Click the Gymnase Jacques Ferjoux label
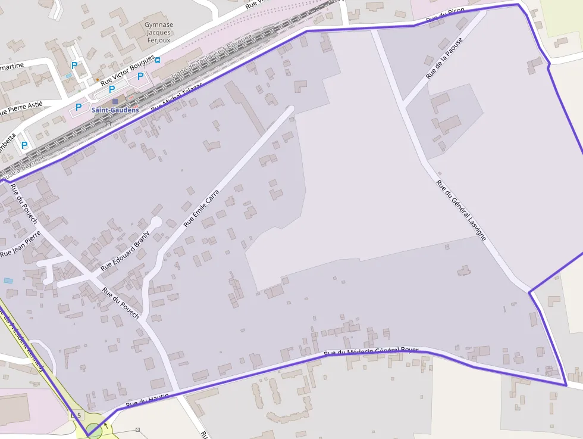[x=159, y=33]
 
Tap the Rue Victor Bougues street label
[x=128, y=70]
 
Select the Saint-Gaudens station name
[x=115, y=110]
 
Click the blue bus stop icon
[x=158, y=60]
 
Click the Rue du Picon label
[x=446, y=17]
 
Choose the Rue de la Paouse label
[x=444, y=58]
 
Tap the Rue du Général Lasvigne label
[x=461, y=210]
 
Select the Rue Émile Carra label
[x=202, y=208]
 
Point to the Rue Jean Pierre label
[x=19, y=244]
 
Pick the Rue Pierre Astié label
[x=21, y=108]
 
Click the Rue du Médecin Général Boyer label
[x=371, y=352]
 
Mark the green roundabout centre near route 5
[x=93, y=429]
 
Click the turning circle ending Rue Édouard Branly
[x=156, y=222]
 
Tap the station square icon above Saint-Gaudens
[x=115, y=101]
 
